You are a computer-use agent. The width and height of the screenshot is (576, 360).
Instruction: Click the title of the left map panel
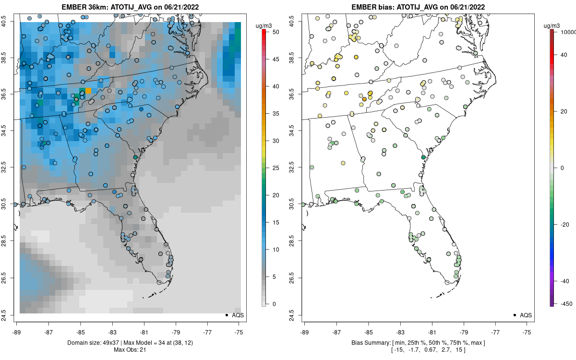(130, 7)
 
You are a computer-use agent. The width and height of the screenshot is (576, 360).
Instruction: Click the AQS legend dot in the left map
(226, 315)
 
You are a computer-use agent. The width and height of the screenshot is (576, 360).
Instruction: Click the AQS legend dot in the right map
(514, 315)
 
